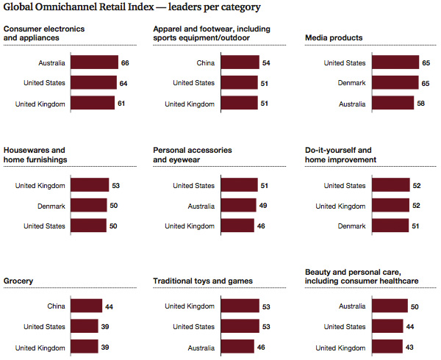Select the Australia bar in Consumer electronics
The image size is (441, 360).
[94, 63]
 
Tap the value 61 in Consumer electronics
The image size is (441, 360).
[121, 104]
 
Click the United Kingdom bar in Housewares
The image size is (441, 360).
[90, 185]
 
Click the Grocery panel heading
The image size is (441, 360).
[18, 281]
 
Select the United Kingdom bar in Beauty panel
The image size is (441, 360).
[387, 347]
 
